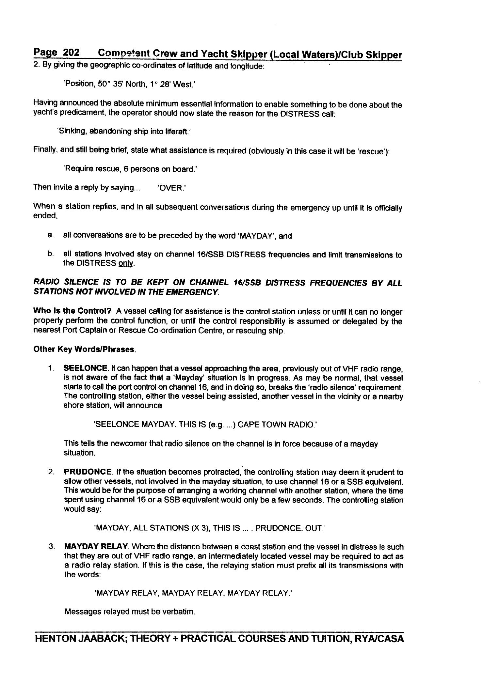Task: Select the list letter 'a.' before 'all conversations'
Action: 50,235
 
